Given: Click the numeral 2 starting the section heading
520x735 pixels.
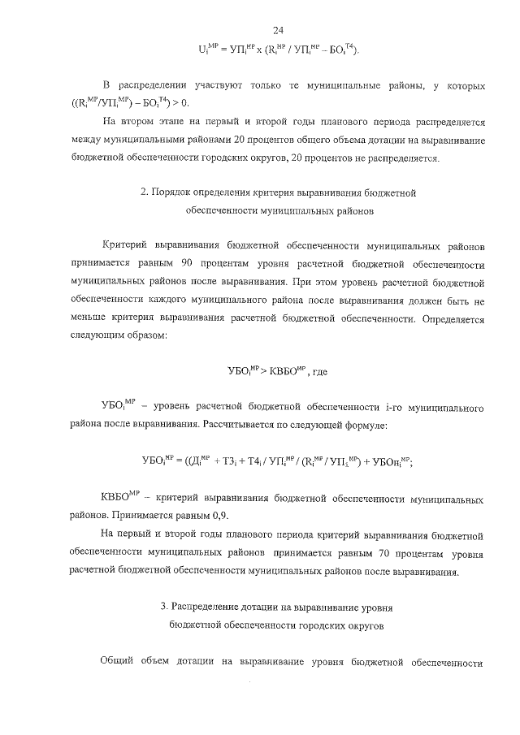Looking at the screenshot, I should click(143, 193).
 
